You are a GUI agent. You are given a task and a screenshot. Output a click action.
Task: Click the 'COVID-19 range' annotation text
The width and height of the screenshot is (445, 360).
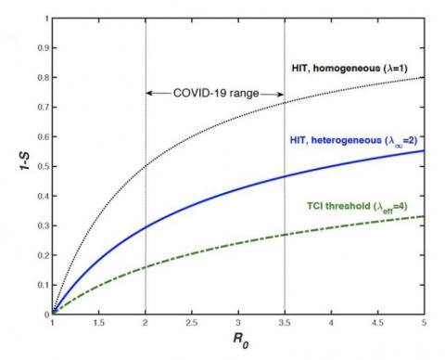(x=214, y=93)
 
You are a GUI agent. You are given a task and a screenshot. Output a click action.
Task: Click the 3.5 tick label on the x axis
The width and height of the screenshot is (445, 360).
(x=285, y=326)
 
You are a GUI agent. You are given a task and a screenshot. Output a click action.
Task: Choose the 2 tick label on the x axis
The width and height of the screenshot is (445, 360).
(x=146, y=326)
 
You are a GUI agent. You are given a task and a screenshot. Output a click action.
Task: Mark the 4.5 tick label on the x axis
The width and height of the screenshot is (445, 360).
(x=377, y=326)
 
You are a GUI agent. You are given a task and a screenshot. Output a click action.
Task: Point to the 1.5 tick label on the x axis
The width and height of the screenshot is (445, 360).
(x=99, y=326)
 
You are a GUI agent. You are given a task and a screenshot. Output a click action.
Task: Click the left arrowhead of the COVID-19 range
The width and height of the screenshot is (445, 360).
(x=149, y=93)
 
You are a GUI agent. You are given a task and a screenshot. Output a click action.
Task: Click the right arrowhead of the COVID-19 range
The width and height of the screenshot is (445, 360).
(x=281, y=93)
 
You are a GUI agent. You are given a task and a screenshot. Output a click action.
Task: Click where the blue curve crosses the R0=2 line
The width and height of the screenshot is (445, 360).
(x=146, y=226)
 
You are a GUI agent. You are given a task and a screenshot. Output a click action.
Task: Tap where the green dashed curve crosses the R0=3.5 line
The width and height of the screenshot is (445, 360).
(x=285, y=235)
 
